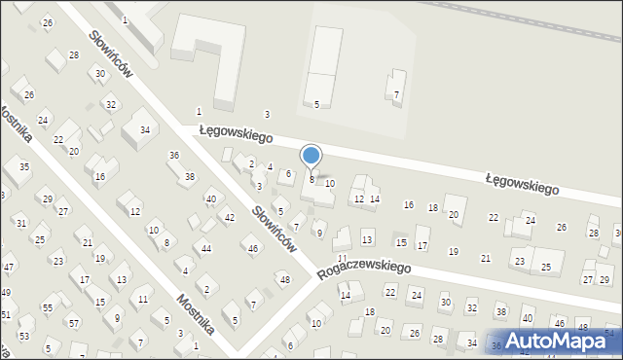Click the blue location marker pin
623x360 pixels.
(311, 157)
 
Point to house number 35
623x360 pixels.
(24, 167)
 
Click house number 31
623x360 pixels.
(21, 224)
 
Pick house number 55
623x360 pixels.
(47, 307)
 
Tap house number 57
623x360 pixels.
(73, 322)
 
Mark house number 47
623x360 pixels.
(8, 267)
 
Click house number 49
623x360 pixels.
(5, 292)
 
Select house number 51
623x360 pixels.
(5, 314)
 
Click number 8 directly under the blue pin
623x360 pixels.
(311, 179)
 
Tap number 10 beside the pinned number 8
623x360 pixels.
(330, 183)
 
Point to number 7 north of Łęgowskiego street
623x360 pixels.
(396, 94)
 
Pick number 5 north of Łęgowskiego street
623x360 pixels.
(316, 104)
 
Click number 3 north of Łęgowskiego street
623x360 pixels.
(267, 115)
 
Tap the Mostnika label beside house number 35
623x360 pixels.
(16, 123)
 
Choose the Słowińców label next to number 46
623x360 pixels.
(274, 229)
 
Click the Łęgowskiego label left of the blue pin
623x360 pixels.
(229, 132)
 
